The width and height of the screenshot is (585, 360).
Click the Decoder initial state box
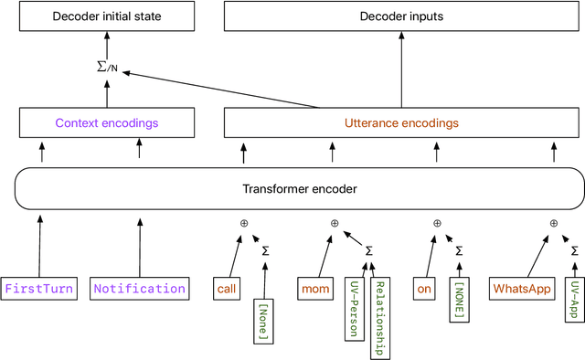click(106, 16)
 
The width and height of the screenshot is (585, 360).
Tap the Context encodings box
click(106, 122)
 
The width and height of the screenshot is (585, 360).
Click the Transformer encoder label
click(299, 189)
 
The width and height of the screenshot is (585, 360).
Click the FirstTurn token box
click(40, 289)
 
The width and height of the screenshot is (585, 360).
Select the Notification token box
click(140, 289)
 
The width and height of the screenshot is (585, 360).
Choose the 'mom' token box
click(316, 289)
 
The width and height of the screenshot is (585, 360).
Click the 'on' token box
click(424, 289)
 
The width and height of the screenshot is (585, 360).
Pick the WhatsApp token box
click(522, 289)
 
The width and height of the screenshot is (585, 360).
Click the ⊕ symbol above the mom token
click(335, 223)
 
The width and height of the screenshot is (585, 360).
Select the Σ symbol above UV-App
click(574, 250)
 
